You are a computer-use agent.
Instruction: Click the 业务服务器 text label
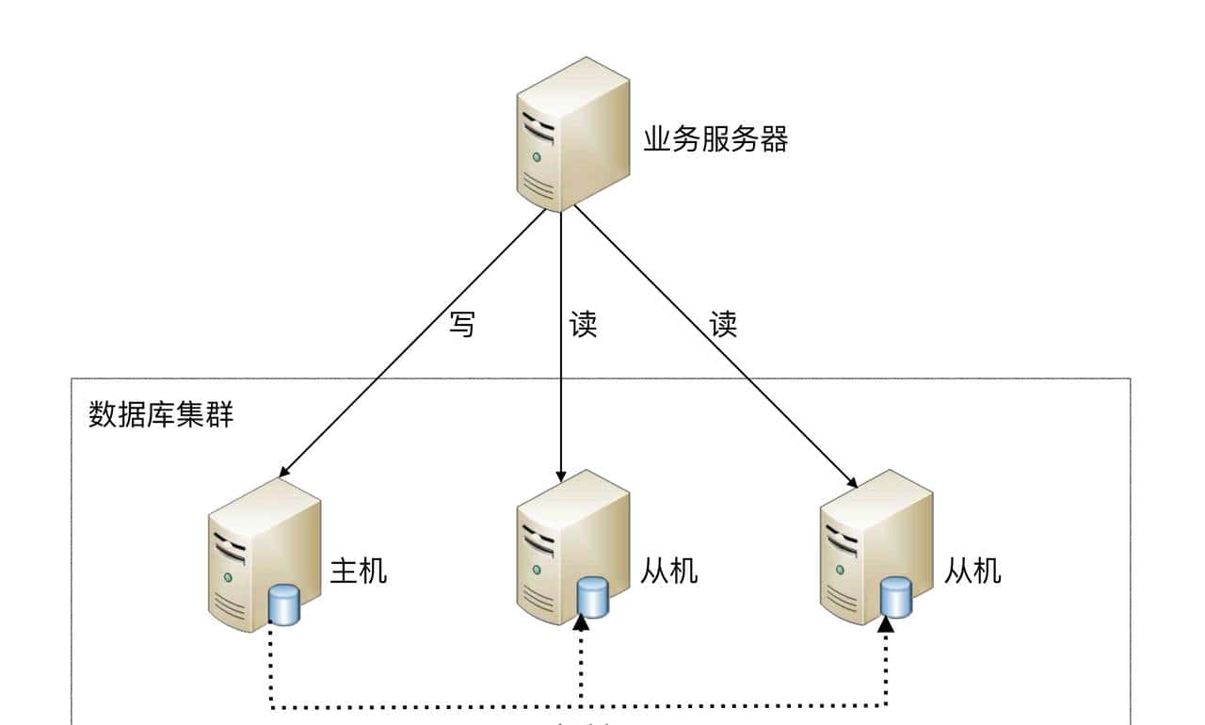(715, 140)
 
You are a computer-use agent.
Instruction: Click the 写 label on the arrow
(461, 325)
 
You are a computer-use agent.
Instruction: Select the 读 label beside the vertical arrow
(583, 325)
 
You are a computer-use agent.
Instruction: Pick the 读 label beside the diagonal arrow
(722, 325)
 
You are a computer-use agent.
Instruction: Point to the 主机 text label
(358, 571)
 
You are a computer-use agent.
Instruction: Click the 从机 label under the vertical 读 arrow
(670, 571)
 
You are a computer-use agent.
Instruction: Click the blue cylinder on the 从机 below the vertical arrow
(592, 597)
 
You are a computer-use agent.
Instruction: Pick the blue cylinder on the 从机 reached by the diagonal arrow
(895, 597)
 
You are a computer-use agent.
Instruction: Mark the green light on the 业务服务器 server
(537, 156)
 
